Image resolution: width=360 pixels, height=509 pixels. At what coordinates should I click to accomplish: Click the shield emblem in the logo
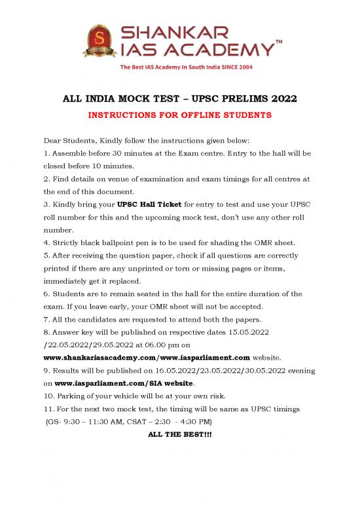[x=100, y=41]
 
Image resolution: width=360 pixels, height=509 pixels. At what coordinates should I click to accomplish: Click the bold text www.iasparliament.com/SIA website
[x=123, y=380]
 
